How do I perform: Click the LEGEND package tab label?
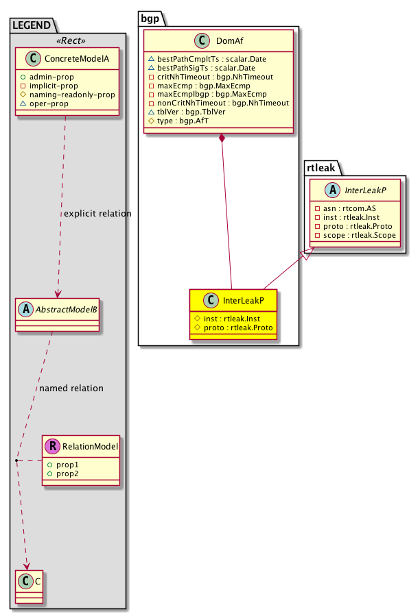click(x=32, y=25)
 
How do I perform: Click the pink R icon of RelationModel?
click(x=53, y=447)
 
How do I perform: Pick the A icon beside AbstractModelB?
click(x=23, y=308)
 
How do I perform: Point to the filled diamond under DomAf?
click(x=222, y=140)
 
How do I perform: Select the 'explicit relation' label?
click(x=97, y=214)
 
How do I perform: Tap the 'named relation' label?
click(x=71, y=389)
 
